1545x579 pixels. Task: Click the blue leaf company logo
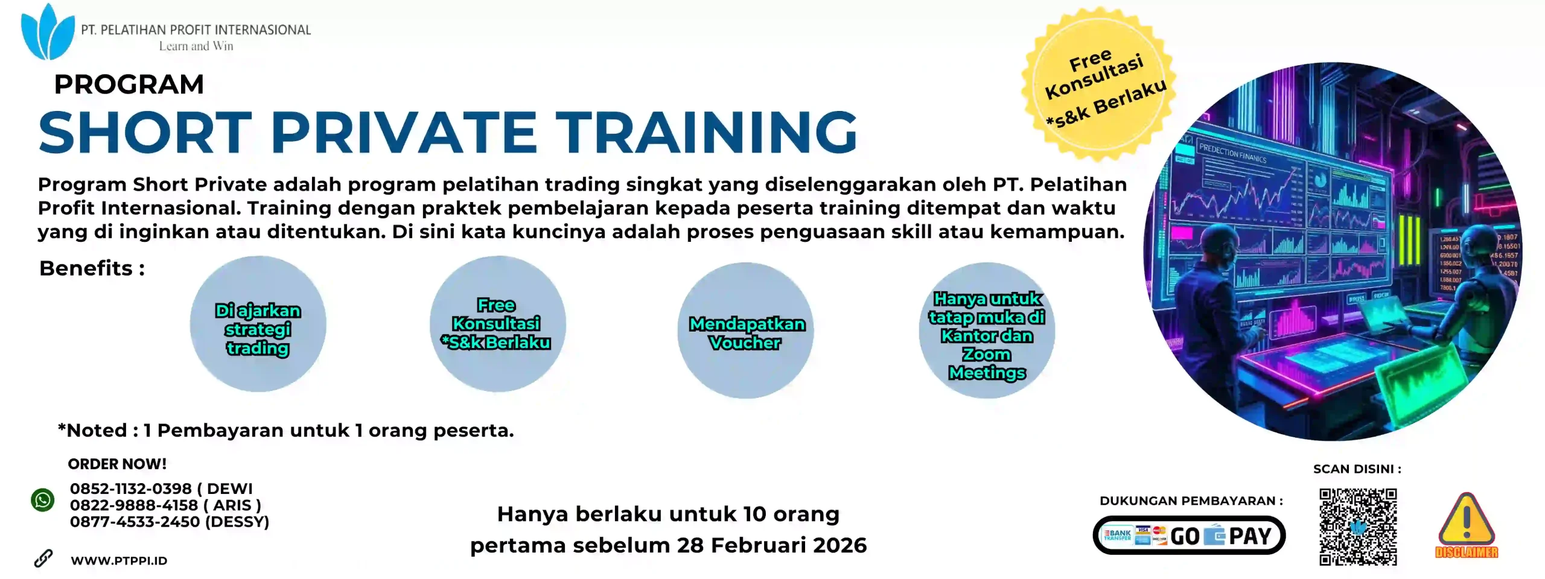[x=47, y=33]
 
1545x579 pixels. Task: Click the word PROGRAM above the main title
[x=129, y=84]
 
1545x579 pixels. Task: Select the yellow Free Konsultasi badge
[x=1098, y=84]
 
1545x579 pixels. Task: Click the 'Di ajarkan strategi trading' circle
[x=258, y=324]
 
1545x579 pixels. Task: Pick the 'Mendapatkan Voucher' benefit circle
[x=746, y=331]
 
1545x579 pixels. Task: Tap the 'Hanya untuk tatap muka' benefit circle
[x=987, y=331]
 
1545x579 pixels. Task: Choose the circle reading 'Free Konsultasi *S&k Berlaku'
[x=497, y=324]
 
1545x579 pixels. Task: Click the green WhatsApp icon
[x=43, y=500]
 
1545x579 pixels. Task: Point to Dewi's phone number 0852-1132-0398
[x=130, y=489]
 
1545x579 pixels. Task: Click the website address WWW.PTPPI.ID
[x=119, y=561]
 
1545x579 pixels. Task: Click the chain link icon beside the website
[x=43, y=558]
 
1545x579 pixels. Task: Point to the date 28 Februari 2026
[x=771, y=545]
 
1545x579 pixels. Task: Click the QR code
[x=1358, y=527]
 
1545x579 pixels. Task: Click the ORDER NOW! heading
[x=117, y=464]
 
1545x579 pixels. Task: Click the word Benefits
[x=86, y=268]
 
